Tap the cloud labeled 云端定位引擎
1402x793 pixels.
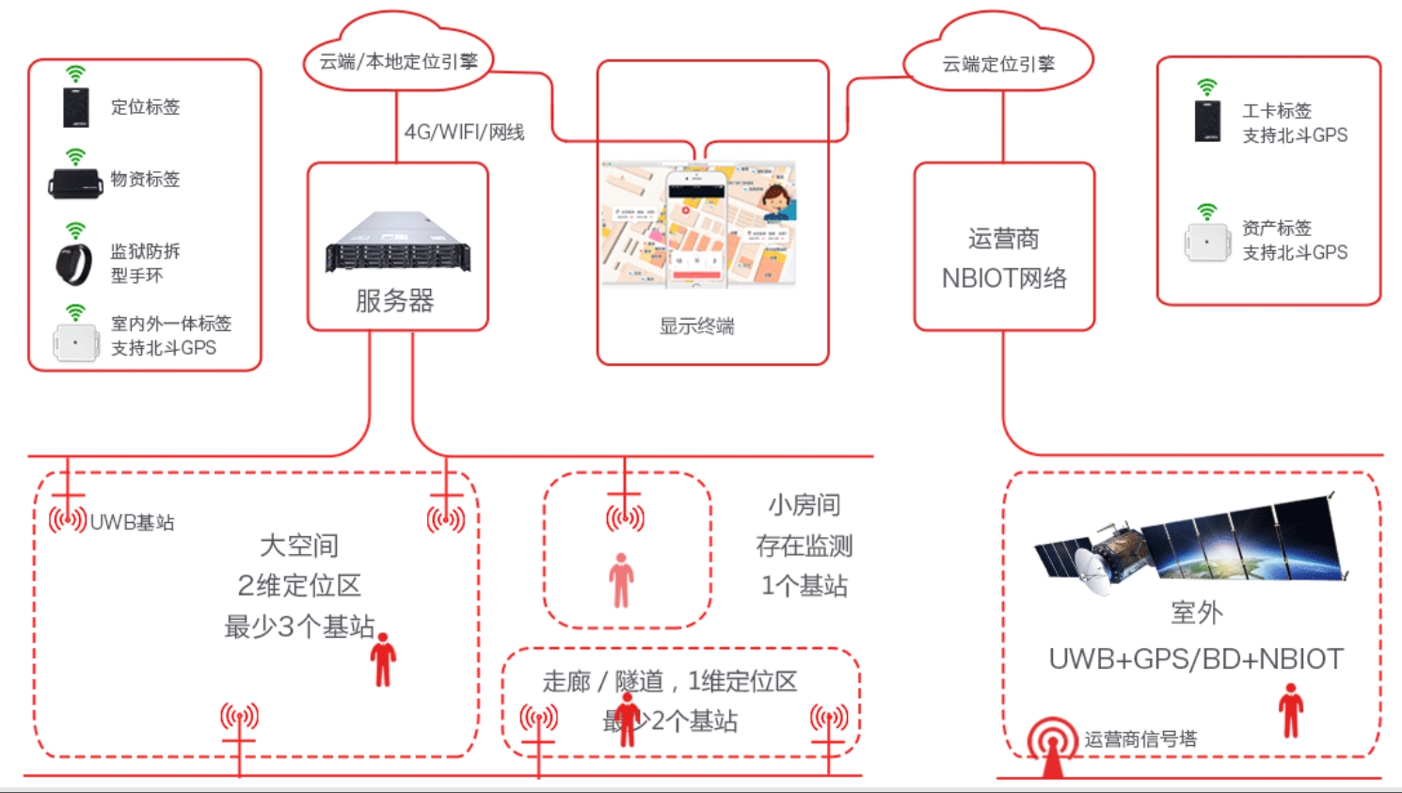[x=998, y=63]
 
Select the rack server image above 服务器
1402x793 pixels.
[x=398, y=242]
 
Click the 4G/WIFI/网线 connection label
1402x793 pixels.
[x=464, y=132]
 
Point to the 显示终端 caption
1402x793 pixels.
[x=696, y=326]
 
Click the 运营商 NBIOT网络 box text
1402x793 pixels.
[x=1004, y=259]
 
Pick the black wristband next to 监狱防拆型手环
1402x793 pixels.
[x=73, y=263]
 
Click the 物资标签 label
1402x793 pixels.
[x=145, y=179]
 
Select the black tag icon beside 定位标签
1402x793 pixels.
[x=75, y=107]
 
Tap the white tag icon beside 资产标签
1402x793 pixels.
[x=1207, y=242]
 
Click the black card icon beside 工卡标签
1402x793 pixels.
[x=1207, y=120]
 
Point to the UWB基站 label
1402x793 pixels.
[x=132, y=522]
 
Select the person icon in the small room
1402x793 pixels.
[x=621, y=579]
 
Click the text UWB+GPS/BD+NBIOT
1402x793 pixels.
[x=1195, y=658]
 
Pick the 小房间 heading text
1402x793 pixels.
[x=804, y=505]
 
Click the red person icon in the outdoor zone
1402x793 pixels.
[x=1291, y=710]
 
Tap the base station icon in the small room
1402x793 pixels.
[x=625, y=515]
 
